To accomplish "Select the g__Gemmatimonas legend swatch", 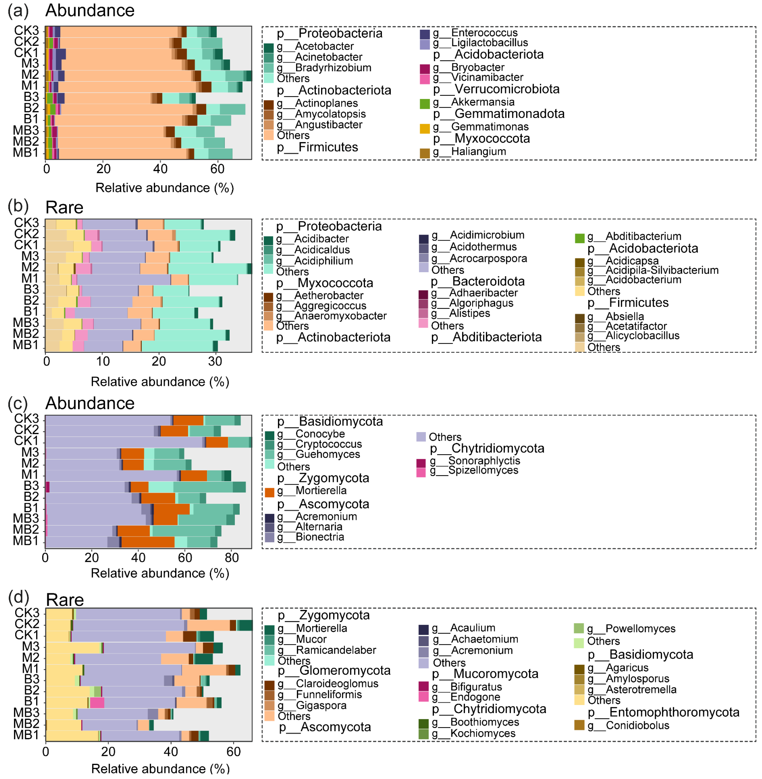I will (425, 128).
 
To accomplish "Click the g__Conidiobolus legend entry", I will (637, 725).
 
